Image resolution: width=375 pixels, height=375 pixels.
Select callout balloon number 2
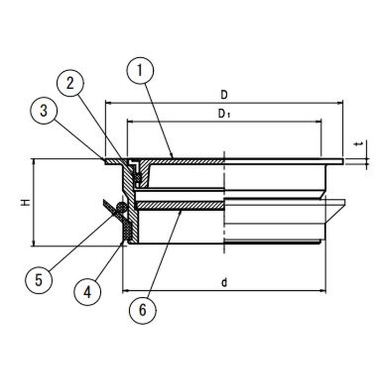(x=70, y=84)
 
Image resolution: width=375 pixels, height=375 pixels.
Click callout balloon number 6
(x=143, y=309)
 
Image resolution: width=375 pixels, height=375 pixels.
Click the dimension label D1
(x=224, y=114)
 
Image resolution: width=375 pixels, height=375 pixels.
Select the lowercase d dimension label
(x=224, y=282)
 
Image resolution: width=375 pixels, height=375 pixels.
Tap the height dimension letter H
(x=26, y=202)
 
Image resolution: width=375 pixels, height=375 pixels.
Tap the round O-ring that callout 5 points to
(x=121, y=207)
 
